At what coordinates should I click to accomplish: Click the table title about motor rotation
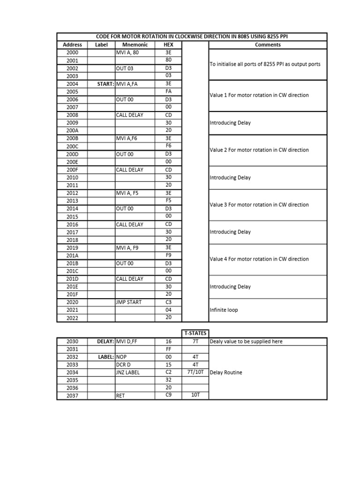coord(192,37)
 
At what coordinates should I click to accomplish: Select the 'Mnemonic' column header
coord(135,45)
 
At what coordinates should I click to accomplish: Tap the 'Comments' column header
coord(268,45)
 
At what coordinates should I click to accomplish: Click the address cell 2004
coord(72,84)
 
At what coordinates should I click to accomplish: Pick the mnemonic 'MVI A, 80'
coord(127,53)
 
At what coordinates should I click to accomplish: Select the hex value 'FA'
coord(168,92)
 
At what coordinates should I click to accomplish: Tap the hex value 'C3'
coord(168,302)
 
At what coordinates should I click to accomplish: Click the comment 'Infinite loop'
coord(224,310)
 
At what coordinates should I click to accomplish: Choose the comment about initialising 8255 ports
coord(265,64)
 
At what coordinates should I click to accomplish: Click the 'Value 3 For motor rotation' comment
coord(259,205)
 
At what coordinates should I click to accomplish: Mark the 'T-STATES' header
coord(195,333)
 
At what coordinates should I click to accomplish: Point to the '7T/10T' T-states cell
coord(195,373)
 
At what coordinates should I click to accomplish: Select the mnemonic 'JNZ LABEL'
coord(128,373)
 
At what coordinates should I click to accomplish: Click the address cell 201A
coord(72,255)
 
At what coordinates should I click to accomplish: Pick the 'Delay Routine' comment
coord(226,373)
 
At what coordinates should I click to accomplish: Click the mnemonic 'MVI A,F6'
coord(127,139)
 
